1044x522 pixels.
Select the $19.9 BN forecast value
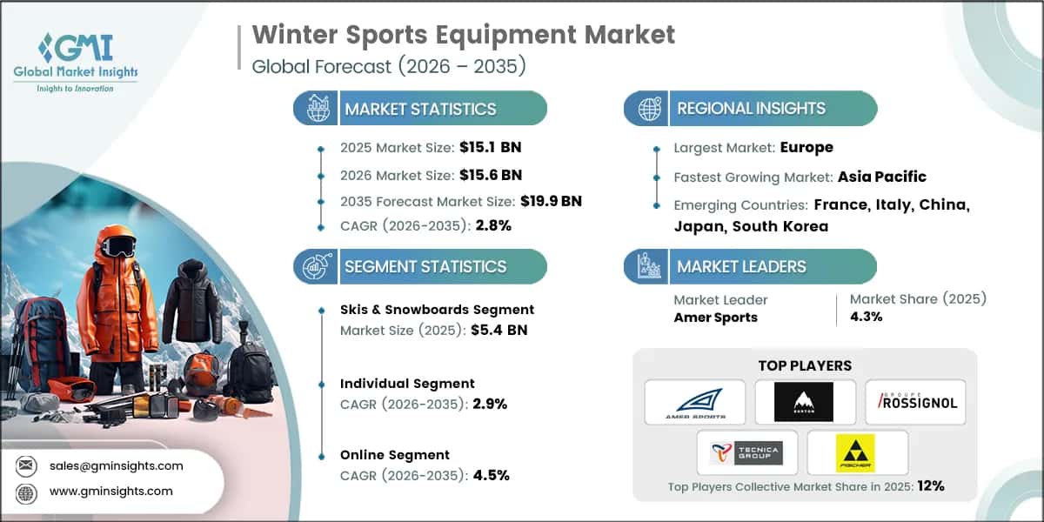click(x=551, y=201)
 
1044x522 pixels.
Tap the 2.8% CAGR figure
click(x=493, y=225)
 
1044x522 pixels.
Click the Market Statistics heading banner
click(x=420, y=109)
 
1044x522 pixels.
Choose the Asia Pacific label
click(x=881, y=177)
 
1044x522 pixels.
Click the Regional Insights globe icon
click(x=649, y=109)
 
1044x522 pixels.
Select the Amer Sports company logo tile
click(x=694, y=402)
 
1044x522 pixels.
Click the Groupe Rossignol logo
click(x=914, y=402)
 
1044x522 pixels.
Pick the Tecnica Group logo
click(x=746, y=452)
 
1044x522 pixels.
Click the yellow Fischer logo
click(x=856, y=452)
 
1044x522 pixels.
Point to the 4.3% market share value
click(x=867, y=317)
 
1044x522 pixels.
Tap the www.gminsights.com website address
click(x=110, y=492)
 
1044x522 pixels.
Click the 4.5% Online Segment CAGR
click(x=492, y=475)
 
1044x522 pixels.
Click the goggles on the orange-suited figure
click(x=117, y=246)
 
